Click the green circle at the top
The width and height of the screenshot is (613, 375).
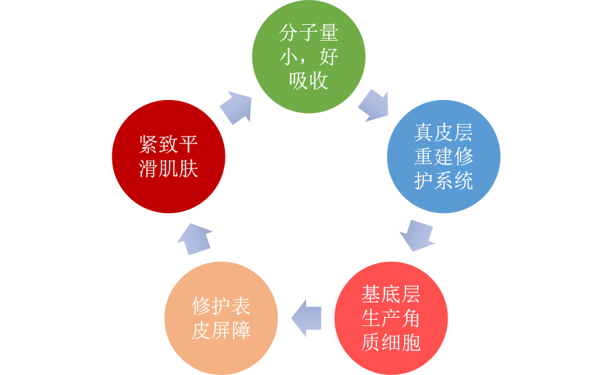308,57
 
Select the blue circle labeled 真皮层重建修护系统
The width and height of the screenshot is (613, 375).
443,156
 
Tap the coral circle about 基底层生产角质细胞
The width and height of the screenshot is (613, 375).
391,318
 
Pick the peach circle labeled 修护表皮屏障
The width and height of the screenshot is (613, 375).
221,318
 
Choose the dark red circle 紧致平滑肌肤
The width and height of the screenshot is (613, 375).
168,156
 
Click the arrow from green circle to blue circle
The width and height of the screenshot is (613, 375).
374,104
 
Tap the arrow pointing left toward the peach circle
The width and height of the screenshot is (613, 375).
306,318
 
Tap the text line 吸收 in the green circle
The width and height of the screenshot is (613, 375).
308,81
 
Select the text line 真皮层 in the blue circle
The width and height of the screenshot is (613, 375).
443,132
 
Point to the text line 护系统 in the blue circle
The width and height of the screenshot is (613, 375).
443,181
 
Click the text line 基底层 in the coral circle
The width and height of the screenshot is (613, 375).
391,294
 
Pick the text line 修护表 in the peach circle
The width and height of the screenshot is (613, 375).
221,305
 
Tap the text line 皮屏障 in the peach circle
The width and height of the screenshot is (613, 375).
221,330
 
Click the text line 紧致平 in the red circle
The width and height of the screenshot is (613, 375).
168,144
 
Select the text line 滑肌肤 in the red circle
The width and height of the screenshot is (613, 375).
168,169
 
